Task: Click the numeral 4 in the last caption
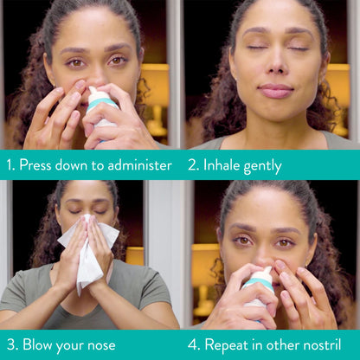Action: coord(191,344)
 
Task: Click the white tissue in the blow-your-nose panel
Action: coord(88,251)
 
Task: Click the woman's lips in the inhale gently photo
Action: coord(275,90)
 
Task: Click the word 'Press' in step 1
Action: coord(37,164)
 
